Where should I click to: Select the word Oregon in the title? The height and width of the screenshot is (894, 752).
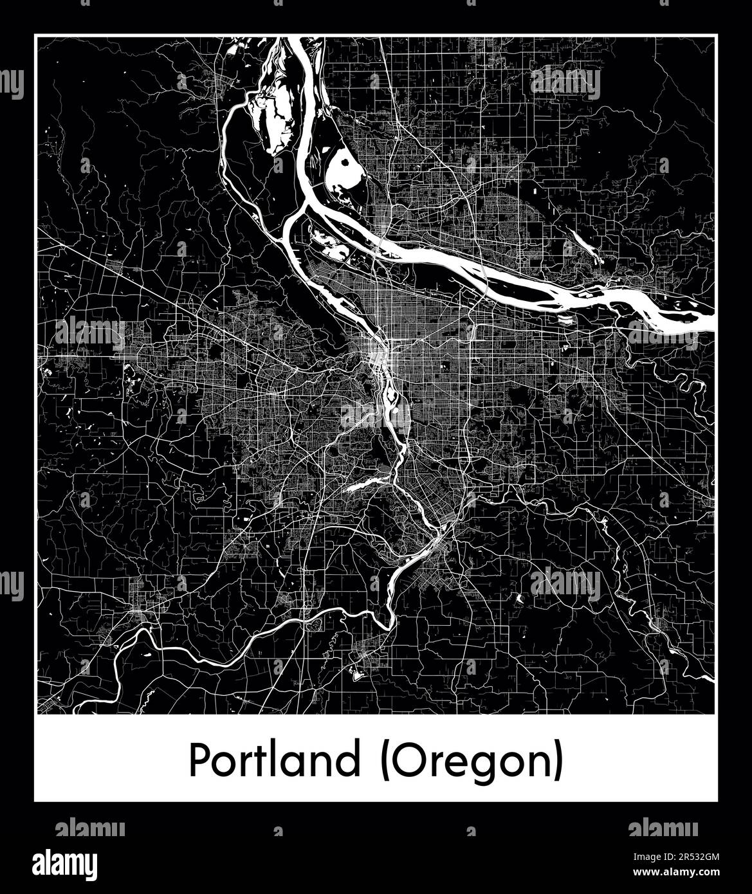click(472, 762)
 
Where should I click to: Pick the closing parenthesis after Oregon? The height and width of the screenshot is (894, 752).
click(558, 762)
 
